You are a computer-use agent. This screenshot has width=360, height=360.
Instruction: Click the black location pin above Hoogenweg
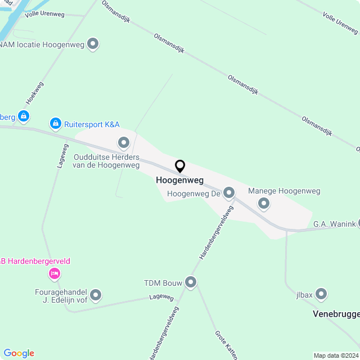click(x=180, y=166)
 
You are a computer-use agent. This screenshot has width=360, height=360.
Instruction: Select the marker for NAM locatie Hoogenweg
click(x=93, y=43)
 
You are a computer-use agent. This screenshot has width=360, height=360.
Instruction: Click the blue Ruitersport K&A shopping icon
click(x=55, y=122)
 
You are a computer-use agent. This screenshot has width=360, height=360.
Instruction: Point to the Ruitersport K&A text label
click(x=92, y=124)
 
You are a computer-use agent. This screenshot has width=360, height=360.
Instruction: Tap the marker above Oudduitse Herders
click(x=123, y=141)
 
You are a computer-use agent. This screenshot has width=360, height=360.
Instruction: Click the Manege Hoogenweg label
click(x=284, y=191)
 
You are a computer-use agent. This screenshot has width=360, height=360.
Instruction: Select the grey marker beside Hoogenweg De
click(x=229, y=193)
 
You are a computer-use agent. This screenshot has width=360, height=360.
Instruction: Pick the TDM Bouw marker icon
click(x=191, y=282)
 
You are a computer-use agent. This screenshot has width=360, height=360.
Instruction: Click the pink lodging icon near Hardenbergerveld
click(x=55, y=273)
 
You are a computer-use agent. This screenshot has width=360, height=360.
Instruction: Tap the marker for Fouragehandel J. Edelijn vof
click(x=96, y=294)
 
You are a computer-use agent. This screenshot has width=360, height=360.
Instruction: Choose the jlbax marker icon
click(x=322, y=294)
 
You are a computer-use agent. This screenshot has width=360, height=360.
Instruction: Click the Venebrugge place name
click(x=336, y=314)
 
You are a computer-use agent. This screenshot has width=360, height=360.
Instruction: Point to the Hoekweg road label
click(x=34, y=93)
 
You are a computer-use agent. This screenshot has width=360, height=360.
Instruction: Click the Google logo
click(x=19, y=353)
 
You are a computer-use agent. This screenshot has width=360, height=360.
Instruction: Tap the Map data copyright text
click(x=336, y=355)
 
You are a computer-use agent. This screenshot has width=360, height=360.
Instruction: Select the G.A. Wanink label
click(x=335, y=224)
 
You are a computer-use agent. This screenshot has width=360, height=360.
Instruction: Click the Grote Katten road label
click(x=226, y=344)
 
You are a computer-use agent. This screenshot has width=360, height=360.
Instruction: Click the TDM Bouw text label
click(x=163, y=283)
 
